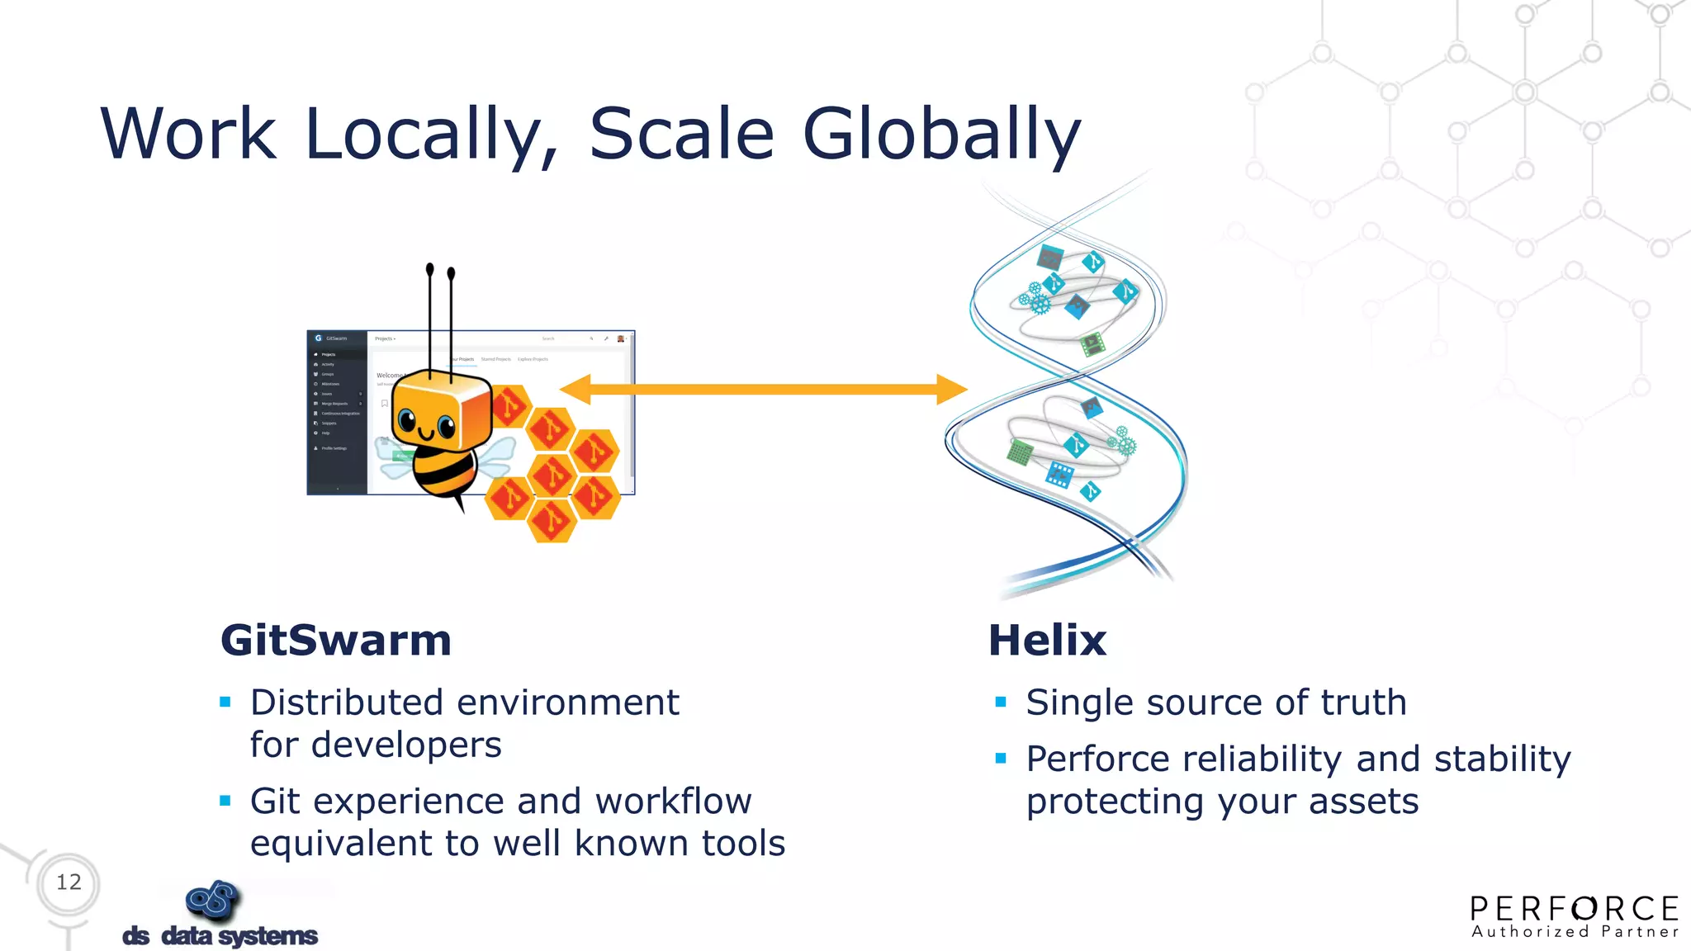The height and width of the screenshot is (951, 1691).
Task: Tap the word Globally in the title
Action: pos(941,134)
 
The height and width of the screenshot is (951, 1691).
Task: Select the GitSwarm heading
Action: pos(336,641)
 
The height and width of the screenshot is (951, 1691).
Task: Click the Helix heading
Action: pos(1047,641)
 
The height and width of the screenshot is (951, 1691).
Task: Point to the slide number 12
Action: pos(69,882)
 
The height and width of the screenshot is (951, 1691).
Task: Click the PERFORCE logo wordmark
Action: pos(1575,909)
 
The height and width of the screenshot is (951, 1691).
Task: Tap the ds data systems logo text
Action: pos(220,935)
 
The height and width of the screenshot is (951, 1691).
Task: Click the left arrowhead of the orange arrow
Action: pos(575,389)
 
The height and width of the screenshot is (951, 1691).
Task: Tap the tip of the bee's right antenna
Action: pos(451,273)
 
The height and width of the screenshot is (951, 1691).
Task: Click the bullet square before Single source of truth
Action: pos(1001,703)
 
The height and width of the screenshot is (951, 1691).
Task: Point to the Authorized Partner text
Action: pos(1575,932)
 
